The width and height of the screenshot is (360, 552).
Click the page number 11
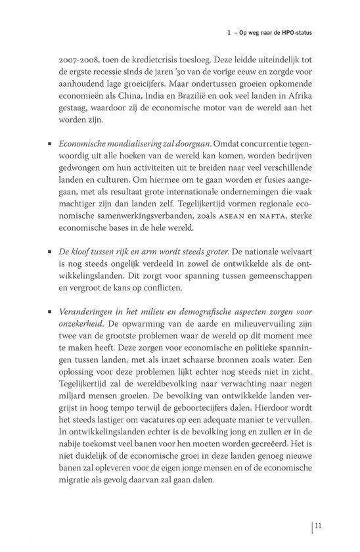(x=317, y=525)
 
